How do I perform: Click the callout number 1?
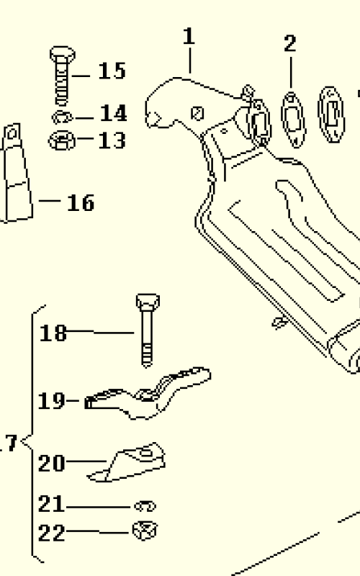pos(189,37)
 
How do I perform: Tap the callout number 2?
pos(290,43)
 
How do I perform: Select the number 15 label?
pos(112,71)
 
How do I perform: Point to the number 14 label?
pos(113,113)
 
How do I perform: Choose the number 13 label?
pos(112,140)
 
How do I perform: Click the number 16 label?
pos(81,202)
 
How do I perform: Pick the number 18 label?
pos(53,333)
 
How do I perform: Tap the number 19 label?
pos(52,401)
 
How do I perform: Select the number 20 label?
pos(52,463)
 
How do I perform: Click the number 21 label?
pos(52,503)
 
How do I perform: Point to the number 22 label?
pos(52,533)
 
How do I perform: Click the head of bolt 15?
pos(63,55)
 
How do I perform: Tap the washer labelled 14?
pos(63,117)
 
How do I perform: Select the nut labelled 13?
pos(62,140)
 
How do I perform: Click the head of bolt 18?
pos(148,301)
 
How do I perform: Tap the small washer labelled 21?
pos(145,506)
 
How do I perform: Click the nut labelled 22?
pos(145,531)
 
